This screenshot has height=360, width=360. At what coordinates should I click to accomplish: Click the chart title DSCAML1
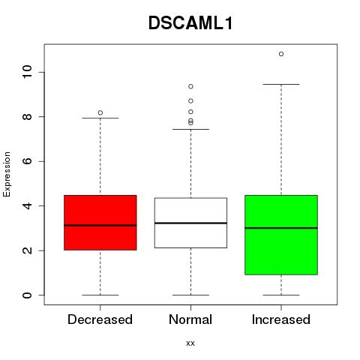190,23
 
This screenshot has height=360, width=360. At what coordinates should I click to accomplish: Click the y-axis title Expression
7,174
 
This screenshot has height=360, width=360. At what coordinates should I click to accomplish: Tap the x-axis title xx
190,343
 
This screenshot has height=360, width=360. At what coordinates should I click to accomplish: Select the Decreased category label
100,319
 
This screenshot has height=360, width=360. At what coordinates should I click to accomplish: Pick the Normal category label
190,319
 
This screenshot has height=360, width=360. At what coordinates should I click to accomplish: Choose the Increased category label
281,319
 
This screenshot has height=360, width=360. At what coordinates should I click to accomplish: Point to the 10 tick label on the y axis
28,72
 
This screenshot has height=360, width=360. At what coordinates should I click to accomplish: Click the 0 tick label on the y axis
28,295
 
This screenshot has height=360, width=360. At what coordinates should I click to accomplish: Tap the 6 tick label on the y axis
28,161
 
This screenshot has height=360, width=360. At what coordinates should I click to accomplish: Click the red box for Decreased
100,223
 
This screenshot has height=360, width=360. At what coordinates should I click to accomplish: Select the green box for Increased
281,235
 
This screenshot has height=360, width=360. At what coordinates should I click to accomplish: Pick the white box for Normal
190,223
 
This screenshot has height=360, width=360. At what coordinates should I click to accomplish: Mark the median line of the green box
281,228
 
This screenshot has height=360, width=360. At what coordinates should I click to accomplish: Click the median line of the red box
100,226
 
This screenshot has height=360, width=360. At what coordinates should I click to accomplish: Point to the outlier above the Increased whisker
281,54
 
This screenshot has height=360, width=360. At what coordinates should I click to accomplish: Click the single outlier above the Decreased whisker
100,112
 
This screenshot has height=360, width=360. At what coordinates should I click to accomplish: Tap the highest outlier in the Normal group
190,86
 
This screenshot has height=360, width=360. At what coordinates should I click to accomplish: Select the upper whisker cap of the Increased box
281,84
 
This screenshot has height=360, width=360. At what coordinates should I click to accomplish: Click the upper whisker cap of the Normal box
190,129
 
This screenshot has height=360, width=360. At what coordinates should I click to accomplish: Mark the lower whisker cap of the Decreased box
100,295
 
